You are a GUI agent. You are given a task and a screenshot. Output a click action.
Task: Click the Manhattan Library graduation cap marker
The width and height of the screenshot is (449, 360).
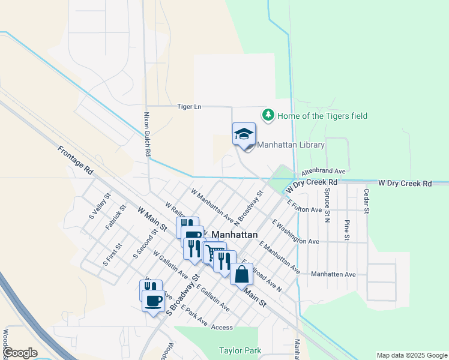pyautogui.click(x=244, y=134)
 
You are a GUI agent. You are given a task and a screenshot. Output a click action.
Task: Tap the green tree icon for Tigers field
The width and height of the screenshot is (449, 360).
pyautogui.click(x=268, y=114)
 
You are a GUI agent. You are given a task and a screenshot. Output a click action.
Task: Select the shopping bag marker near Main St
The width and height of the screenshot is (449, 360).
pyautogui.click(x=241, y=274)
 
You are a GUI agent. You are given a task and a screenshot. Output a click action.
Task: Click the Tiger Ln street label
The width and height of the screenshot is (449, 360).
pyautogui.click(x=188, y=107)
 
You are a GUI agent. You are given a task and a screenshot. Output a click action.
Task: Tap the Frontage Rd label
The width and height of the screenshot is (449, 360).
pyautogui.click(x=76, y=160)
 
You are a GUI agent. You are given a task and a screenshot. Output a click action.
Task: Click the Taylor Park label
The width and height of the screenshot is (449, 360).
pyautogui.click(x=239, y=350)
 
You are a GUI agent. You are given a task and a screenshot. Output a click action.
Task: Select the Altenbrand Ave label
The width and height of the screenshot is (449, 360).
pyautogui.click(x=324, y=171)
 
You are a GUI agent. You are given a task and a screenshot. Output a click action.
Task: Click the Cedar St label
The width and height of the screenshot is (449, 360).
pyautogui.click(x=365, y=200)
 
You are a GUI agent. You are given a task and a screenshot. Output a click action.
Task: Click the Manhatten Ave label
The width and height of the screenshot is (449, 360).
pyautogui.click(x=333, y=274)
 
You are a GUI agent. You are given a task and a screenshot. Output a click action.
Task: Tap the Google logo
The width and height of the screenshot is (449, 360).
pyautogui.click(x=20, y=353)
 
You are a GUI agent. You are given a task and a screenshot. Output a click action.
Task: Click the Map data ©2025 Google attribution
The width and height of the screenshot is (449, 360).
pyautogui.click(x=411, y=355)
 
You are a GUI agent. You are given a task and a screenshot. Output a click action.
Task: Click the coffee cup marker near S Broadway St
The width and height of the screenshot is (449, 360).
pyautogui.click(x=153, y=299)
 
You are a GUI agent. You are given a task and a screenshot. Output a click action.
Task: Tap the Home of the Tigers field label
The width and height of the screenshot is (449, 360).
pyautogui.click(x=322, y=116)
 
